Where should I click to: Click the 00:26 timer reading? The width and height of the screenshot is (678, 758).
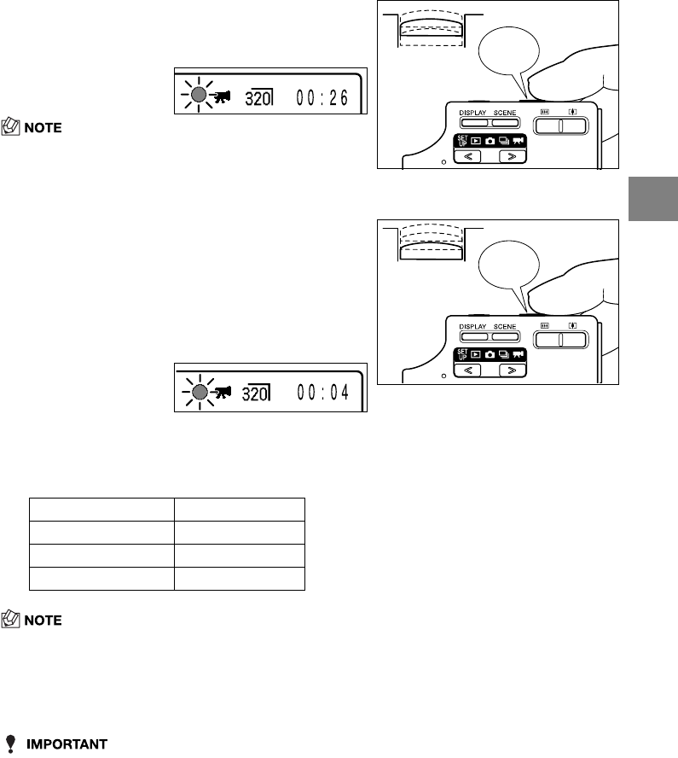(322, 97)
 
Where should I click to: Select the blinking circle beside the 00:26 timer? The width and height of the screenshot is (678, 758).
(197, 96)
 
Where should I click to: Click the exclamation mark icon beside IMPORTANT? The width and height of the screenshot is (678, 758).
(12, 743)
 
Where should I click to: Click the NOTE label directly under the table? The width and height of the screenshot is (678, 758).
(42, 621)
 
